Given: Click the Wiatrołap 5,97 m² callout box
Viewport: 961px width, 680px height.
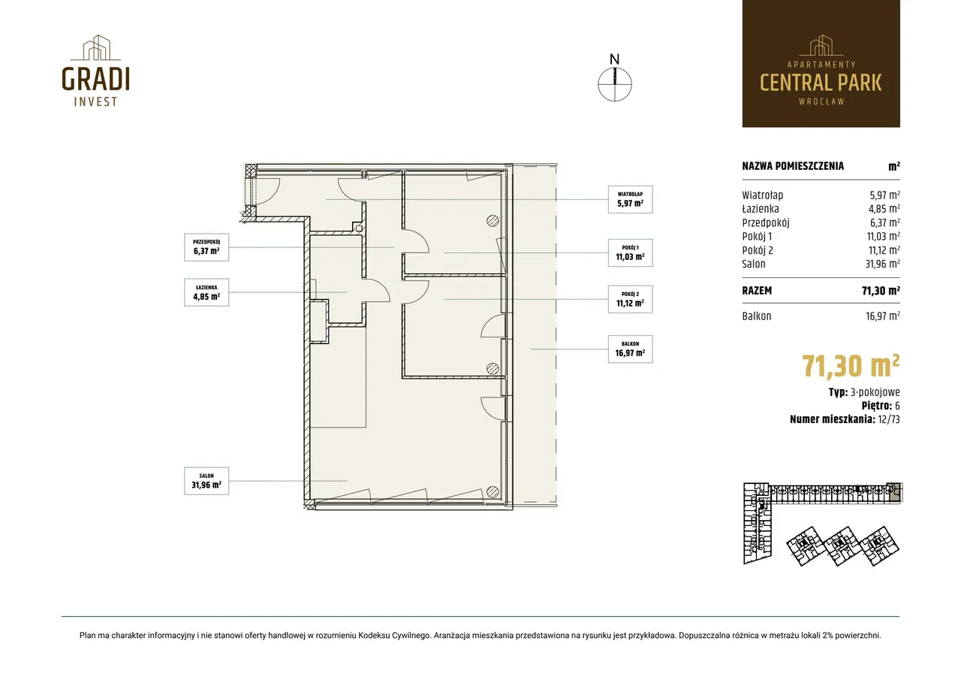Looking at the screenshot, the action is pos(630,199).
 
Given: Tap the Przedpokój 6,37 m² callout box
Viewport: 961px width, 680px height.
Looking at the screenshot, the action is pos(206,247).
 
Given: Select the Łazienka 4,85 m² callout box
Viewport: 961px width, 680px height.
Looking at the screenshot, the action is pos(206,292).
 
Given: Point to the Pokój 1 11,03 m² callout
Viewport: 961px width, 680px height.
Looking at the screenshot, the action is pos(630,253).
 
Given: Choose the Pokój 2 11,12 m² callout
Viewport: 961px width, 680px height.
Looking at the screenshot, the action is pos(630,299).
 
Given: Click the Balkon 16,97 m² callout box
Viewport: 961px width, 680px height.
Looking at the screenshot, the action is pos(630,349).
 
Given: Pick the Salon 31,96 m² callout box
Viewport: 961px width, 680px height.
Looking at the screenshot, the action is pos(206,481).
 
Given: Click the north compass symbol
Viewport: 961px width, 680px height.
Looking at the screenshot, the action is pos(615,78).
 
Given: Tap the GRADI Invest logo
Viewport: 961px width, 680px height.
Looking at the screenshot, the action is pos(95,71).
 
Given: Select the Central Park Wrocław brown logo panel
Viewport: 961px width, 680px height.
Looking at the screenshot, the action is pos(821,64).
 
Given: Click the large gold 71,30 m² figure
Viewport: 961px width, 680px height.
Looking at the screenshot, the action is pos(851,366).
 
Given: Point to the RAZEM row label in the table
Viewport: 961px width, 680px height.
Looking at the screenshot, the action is pos(757,291).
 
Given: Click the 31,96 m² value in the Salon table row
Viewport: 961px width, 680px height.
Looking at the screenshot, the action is pos(882,264).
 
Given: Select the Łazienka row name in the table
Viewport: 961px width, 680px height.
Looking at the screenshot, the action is pos(761,209).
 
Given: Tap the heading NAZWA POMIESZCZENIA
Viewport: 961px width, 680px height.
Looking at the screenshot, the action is pos(793,166).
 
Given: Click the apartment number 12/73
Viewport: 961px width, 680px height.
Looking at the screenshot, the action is pos(889,419).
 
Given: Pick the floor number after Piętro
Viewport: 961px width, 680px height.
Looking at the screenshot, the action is pos(897,406).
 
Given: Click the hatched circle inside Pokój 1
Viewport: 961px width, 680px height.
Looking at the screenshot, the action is pos(493,221).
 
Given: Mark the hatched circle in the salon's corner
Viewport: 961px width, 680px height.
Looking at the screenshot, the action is pos(493,491).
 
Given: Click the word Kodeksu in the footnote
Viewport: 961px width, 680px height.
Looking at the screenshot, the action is pos(374,636).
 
